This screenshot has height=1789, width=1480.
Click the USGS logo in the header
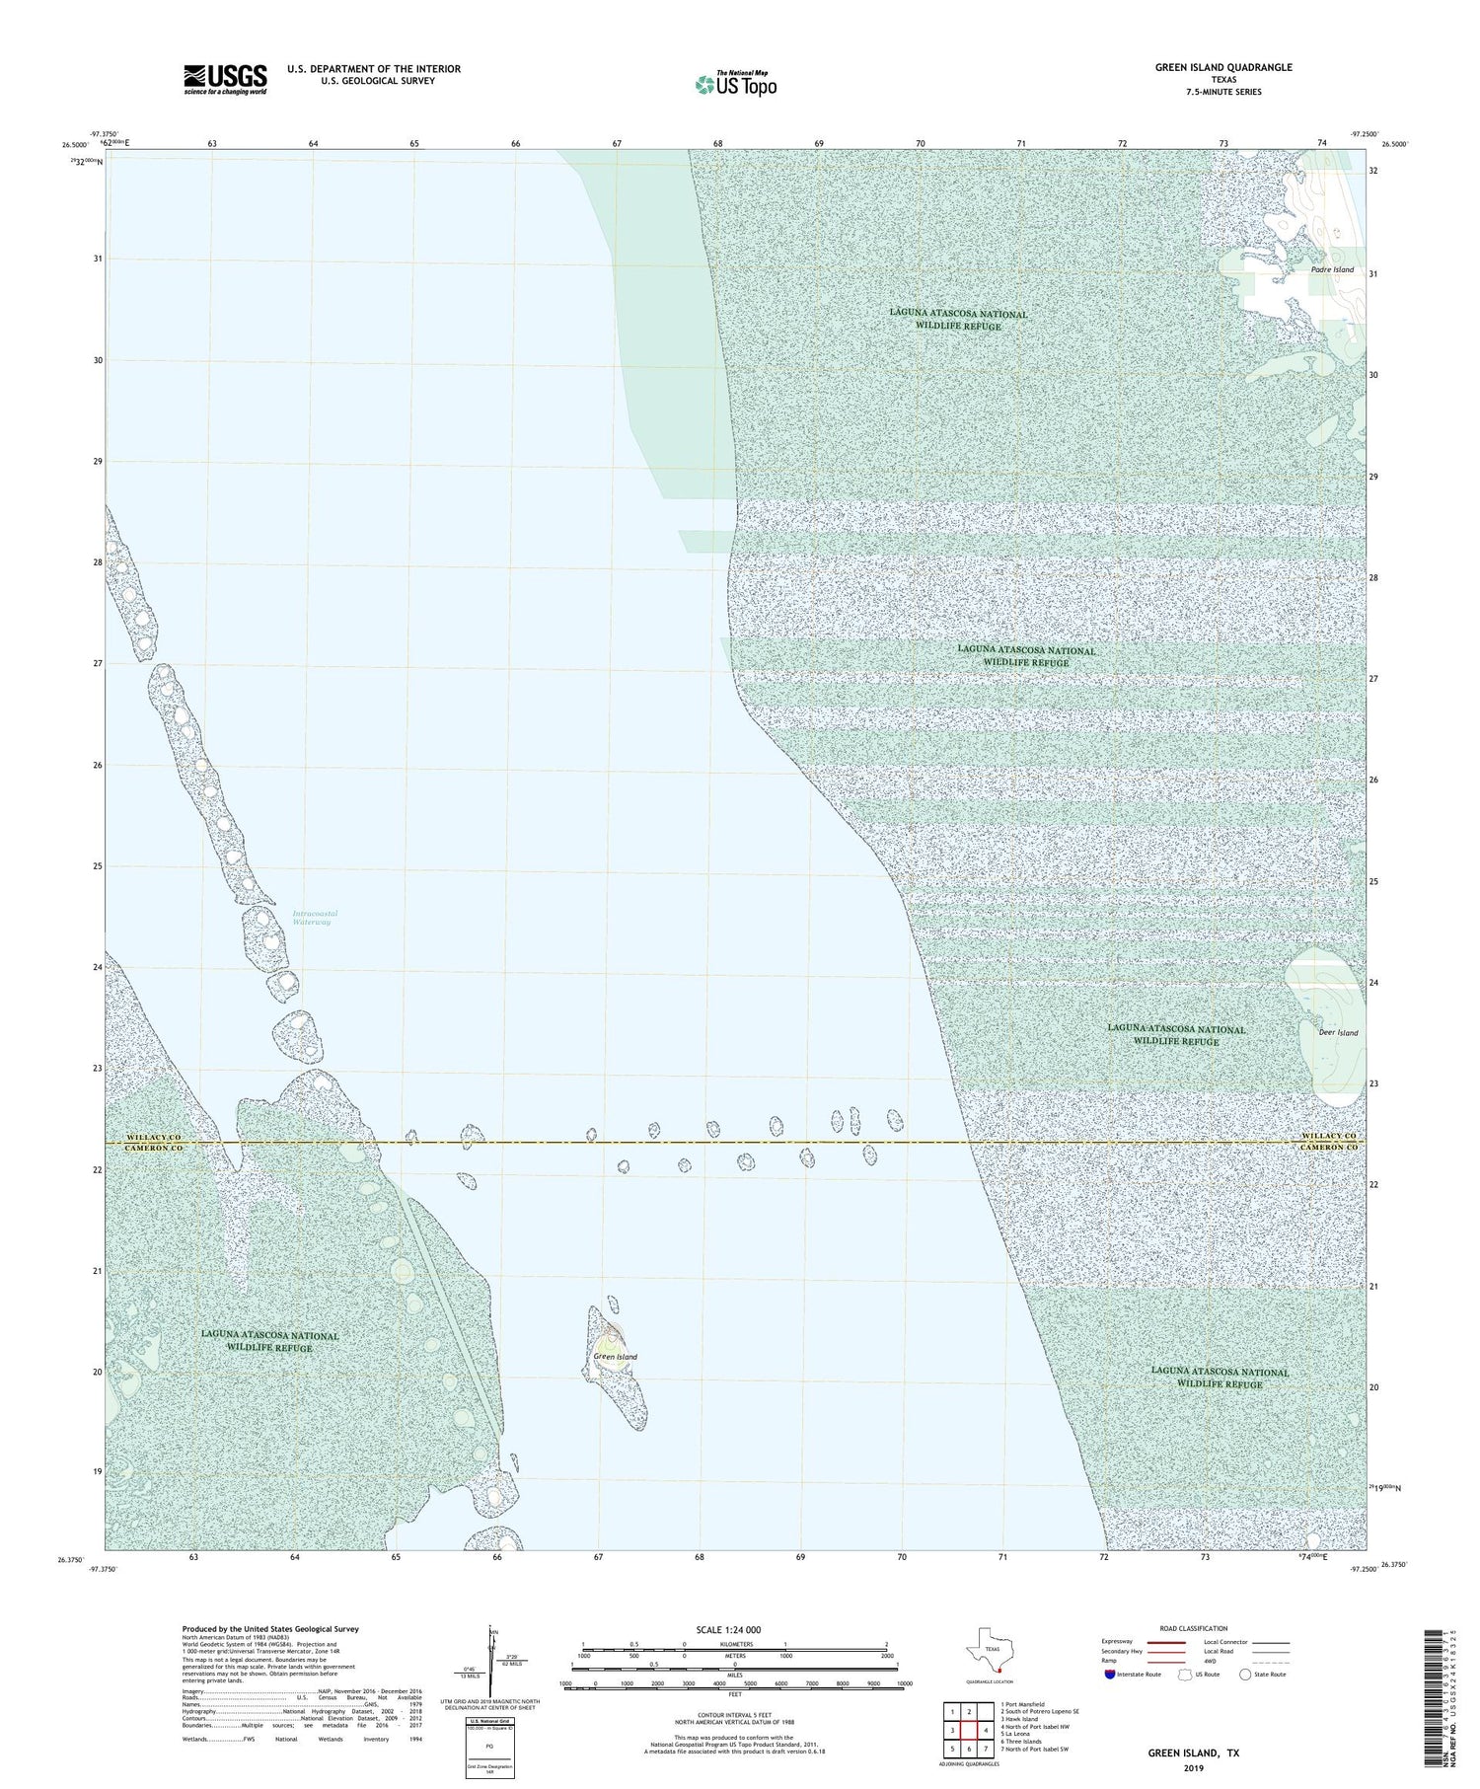(225, 79)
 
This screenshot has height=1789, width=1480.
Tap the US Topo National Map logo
(735, 85)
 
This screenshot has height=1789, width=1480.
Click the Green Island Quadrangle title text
(1223, 67)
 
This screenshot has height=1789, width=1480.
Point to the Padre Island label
(1332, 269)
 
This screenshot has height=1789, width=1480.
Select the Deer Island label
(1338, 1033)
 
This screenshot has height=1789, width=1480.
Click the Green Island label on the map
(616, 1357)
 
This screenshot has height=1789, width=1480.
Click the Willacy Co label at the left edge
(155, 1138)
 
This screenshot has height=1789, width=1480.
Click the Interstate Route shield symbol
(1110, 1675)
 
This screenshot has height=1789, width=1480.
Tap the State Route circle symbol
(1245, 1675)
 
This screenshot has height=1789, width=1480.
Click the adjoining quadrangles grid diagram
(969, 1730)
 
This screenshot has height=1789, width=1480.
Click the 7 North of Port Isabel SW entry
(1034, 1749)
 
